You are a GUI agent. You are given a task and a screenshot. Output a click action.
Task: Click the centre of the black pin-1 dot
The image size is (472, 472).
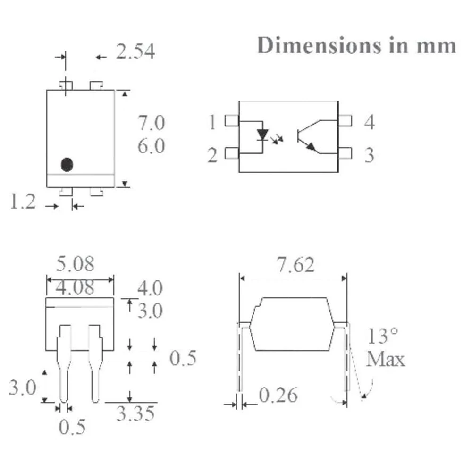pyautogui.click(x=67, y=164)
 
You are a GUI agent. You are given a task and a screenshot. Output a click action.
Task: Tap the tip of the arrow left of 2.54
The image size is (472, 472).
pyautogui.click(x=96, y=57)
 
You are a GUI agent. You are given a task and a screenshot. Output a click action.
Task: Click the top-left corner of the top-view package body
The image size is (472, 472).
pyautogui.click(x=47, y=90)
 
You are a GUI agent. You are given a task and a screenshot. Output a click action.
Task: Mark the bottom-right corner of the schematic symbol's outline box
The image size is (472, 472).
pyautogui.click(x=338, y=172)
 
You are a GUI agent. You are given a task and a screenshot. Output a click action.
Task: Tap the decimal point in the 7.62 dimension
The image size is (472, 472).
pyautogui.click(x=290, y=271)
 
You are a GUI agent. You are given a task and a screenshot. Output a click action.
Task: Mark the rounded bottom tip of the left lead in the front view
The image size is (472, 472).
pyautogui.click(x=64, y=402)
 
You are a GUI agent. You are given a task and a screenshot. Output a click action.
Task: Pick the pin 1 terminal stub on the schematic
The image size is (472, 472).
pyautogui.click(x=232, y=121)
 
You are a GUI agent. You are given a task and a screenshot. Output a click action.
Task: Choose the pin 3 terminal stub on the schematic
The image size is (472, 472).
pyautogui.click(x=345, y=153)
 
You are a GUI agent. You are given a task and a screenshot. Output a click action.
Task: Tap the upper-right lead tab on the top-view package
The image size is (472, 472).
pyautogui.click(x=96, y=85)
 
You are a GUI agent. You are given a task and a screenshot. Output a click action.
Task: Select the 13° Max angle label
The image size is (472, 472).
pyautogui.click(x=386, y=347)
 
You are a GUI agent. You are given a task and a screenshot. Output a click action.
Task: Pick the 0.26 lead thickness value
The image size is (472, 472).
pyautogui.click(x=278, y=395)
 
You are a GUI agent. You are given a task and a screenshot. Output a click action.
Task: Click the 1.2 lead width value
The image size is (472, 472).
pyautogui.click(x=23, y=201)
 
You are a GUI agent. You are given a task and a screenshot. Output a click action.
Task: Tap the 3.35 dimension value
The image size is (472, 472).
pyautogui.click(x=135, y=413)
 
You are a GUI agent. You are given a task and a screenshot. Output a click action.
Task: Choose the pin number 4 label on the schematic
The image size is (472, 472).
pyautogui.click(x=370, y=122)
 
